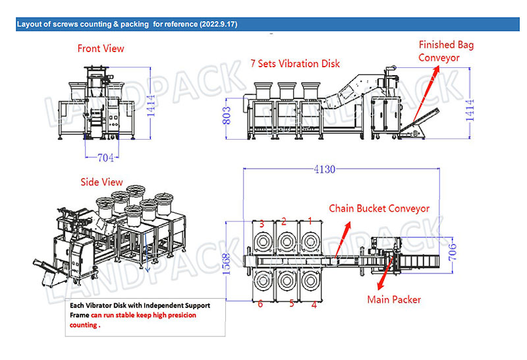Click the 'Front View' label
(100, 48)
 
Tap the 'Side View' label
(101, 182)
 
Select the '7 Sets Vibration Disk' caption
(295, 64)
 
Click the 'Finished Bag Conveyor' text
(447, 51)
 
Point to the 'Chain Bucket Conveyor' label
(379, 208)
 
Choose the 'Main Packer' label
(393, 299)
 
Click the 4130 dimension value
(323, 169)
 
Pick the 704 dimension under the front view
(105, 157)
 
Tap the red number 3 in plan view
(261, 224)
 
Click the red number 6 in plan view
(261, 304)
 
